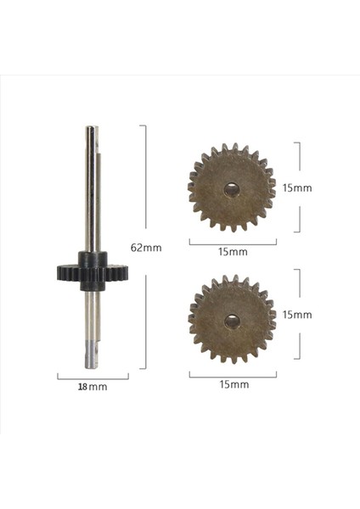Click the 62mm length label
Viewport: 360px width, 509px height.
tap(147, 248)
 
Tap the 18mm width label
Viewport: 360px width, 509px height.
tap(93, 387)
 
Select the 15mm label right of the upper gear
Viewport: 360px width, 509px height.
tap(299, 187)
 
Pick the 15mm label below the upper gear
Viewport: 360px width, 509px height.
tap(233, 252)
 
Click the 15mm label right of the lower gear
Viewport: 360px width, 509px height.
tap(299, 314)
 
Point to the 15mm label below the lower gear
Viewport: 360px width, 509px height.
tap(233, 384)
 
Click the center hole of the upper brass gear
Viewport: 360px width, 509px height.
tap(232, 190)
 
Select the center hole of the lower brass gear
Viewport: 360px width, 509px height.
tap(232, 321)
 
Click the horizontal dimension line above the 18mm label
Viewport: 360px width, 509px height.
tap(93, 376)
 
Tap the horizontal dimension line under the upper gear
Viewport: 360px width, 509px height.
tap(233, 243)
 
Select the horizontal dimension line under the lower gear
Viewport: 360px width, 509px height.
tap(233, 374)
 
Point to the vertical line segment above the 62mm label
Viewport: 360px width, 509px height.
tap(146, 178)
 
